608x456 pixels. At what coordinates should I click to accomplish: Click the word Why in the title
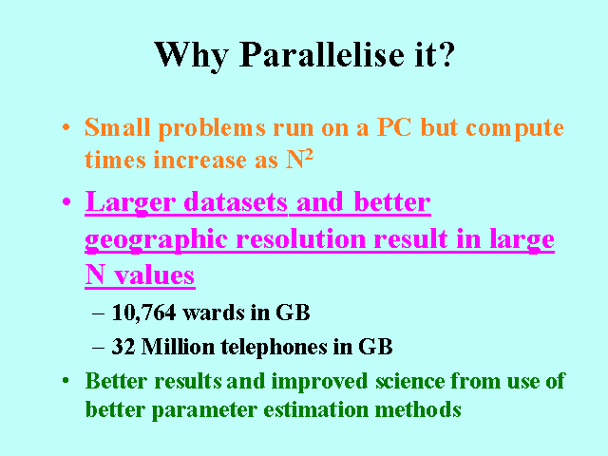192,56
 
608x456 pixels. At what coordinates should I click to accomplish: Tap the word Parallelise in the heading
322,54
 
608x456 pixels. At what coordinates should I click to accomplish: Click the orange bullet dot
66,127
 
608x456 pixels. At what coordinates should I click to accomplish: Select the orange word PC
394,127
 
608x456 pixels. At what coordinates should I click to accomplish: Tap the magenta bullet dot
66,201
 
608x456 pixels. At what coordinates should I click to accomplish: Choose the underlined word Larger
130,203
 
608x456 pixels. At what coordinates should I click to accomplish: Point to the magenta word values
154,275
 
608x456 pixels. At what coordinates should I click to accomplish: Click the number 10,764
143,313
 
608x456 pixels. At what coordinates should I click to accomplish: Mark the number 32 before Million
123,346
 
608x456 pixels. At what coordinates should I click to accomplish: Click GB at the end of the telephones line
375,346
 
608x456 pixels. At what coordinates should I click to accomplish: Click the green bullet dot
66,380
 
